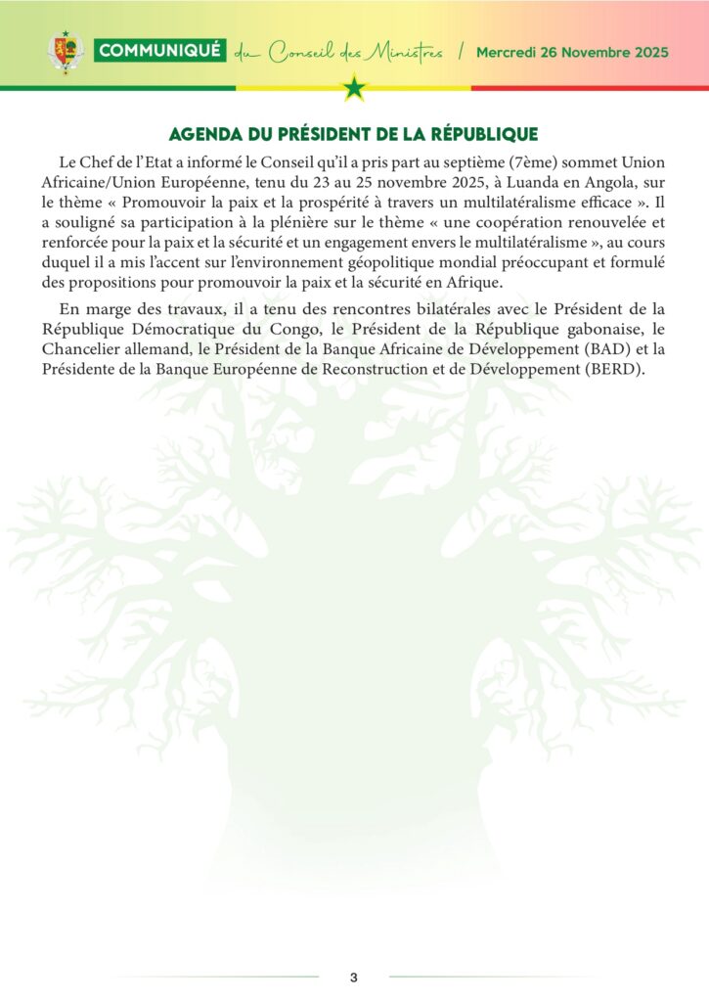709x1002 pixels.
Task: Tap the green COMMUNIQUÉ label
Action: pos(160,51)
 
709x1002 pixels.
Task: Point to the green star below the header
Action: pos(354,89)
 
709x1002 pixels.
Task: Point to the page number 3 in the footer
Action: pos(354,978)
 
